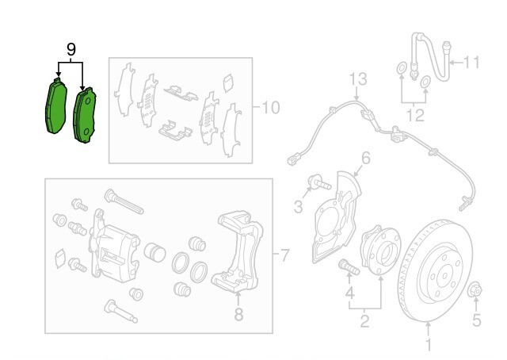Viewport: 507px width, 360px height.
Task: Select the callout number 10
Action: pos(270,106)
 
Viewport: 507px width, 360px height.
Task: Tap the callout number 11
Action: pos(472,62)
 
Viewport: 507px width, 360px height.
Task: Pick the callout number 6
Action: pos(366,159)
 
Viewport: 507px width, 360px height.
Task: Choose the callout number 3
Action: pos(298,207)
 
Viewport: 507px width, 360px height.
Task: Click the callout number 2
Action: pos(365,320)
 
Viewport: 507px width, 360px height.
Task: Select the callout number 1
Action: pos(429,344)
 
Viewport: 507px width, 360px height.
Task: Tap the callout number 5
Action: pos(476,320)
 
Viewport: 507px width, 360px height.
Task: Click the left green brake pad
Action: pos(55,107)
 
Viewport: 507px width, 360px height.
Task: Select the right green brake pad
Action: pos(85,116)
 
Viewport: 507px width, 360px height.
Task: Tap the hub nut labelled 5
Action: pos(476,289)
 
